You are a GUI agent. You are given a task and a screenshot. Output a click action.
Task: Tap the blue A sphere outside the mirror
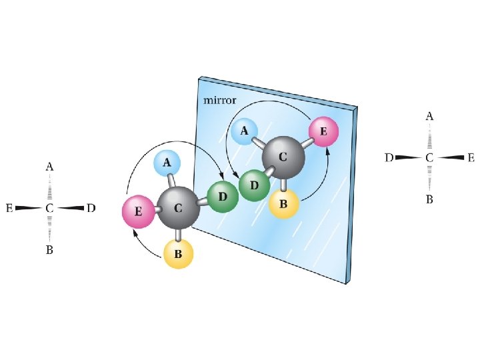pos(167,162)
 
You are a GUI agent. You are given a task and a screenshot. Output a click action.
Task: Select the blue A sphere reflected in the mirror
pos(245,131)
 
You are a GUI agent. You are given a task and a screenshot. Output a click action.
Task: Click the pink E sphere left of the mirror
pos(138,212)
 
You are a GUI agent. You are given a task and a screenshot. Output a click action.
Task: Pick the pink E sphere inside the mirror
pos(323,132)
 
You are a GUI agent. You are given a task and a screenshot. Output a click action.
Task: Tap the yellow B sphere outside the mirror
pos(178,254)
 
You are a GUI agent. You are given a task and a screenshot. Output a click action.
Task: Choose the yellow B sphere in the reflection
pos(283,205)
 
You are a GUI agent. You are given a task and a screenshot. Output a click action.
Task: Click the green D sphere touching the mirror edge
pos(222,197)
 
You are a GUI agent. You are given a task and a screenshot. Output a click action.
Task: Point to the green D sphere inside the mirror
pos(254,185)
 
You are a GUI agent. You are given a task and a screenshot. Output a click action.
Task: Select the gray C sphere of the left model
pos(178,208)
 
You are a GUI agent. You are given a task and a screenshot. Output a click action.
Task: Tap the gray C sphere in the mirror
pos(283,158)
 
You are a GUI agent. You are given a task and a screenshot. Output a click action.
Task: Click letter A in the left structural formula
pos(49,167)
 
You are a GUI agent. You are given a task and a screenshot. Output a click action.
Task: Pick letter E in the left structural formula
pos(9,209)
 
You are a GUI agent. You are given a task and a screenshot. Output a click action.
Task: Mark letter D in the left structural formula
pos(91,209)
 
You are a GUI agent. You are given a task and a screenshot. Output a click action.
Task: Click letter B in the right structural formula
pos(429,199)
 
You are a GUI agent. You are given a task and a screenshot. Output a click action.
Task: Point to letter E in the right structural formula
pos(471,158)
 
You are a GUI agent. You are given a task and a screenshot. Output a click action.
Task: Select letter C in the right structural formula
pos(429,158)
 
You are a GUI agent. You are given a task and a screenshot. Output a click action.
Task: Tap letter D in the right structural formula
pos(389,158)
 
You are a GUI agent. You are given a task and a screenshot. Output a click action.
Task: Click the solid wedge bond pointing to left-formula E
pos(29,209)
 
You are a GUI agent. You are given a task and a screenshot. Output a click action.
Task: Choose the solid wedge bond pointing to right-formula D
pos(407,158)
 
